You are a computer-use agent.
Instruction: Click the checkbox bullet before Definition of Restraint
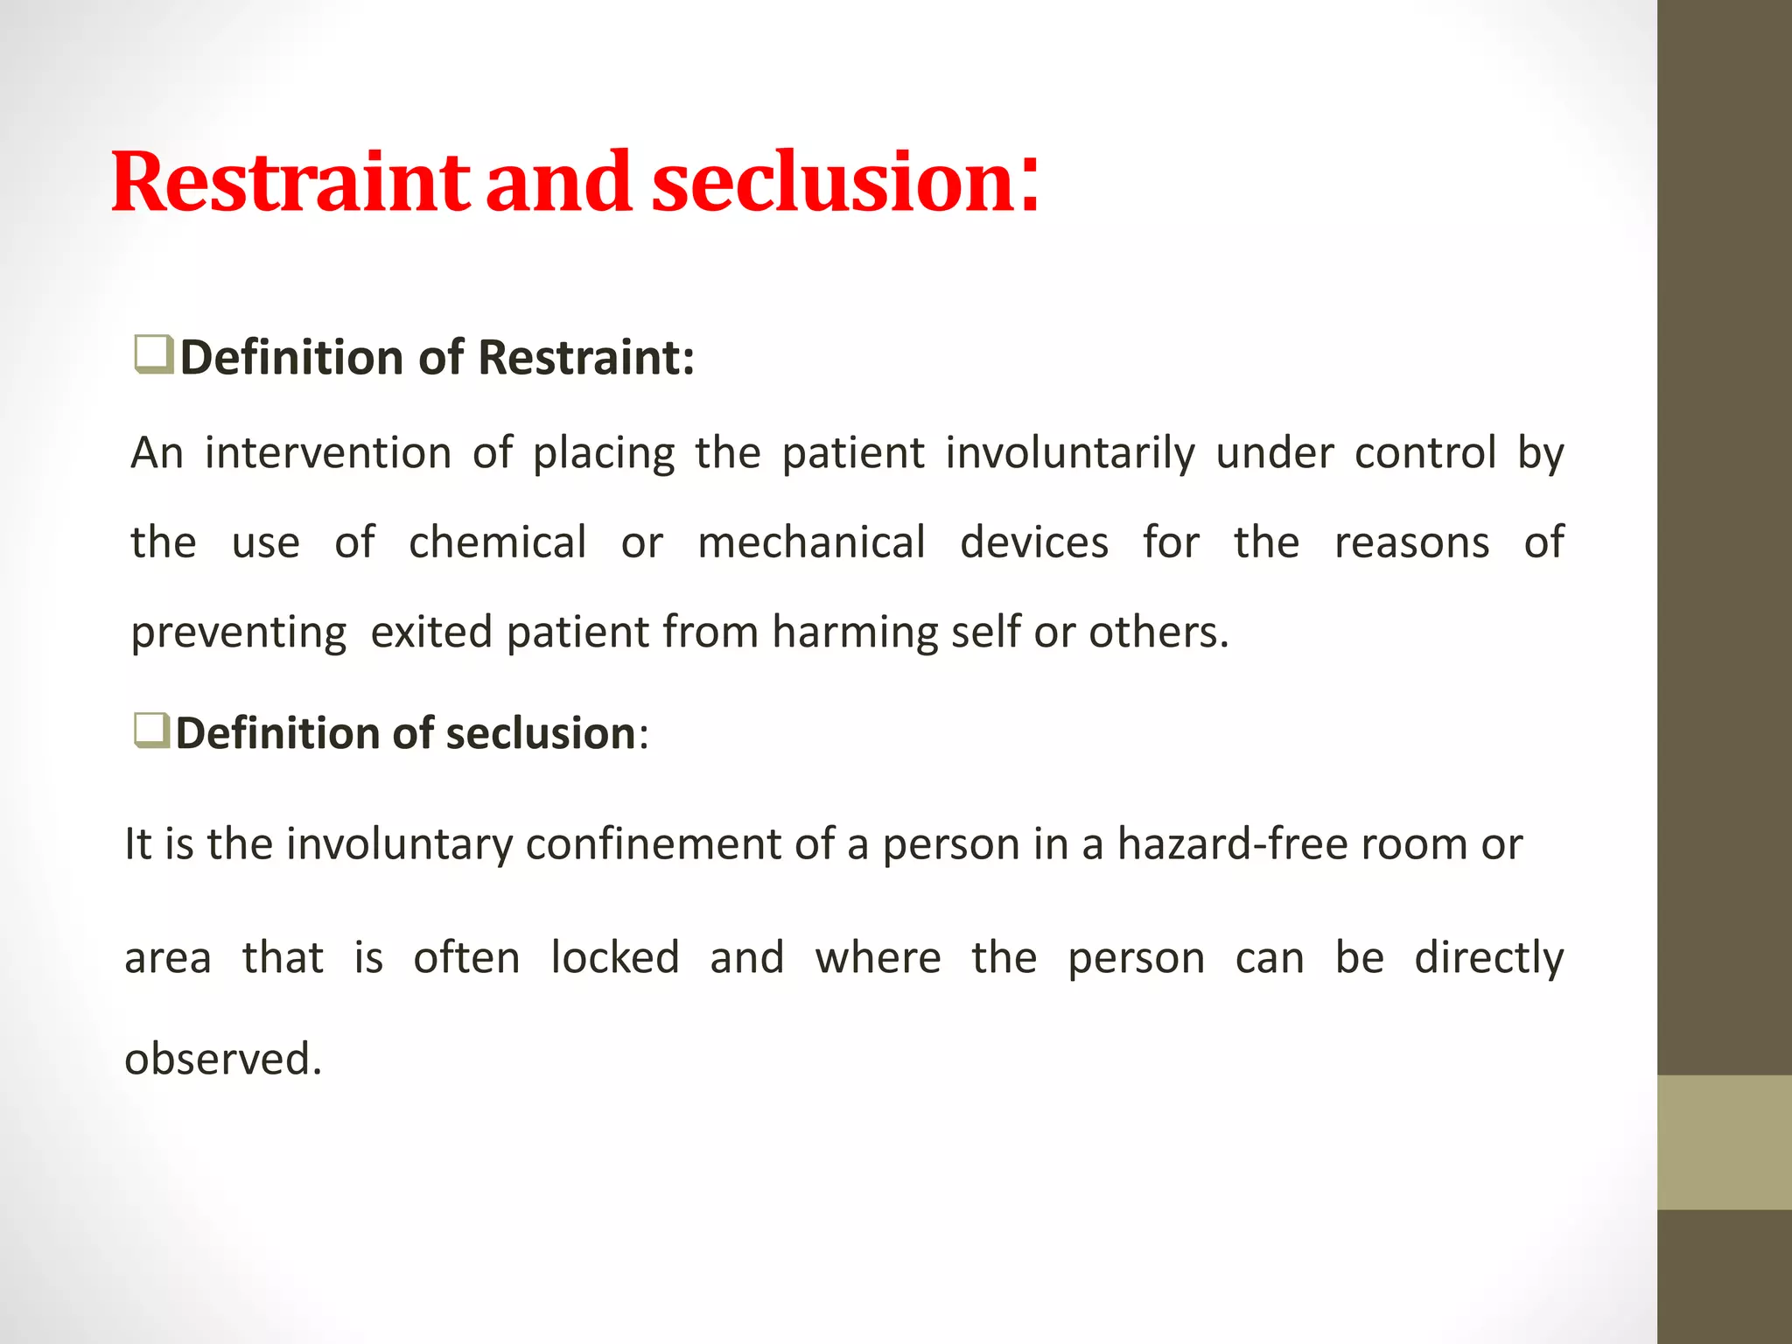[153, 355]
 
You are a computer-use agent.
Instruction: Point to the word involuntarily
[1069, 453]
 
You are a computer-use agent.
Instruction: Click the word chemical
[497, 542]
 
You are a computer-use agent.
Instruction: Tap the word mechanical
[811, 542]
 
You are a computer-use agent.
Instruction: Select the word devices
[1033, 542]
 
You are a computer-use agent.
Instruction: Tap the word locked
[614, 957]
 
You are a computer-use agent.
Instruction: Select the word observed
[222, 1059]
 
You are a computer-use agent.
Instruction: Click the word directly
[1488, 957]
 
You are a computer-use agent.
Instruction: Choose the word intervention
[328, 453]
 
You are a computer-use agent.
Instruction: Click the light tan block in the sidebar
[1724, 1142]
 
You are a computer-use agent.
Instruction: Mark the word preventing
[238, 632]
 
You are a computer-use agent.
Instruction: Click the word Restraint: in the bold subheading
[585, 358]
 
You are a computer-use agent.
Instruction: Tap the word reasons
[1411, 542]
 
